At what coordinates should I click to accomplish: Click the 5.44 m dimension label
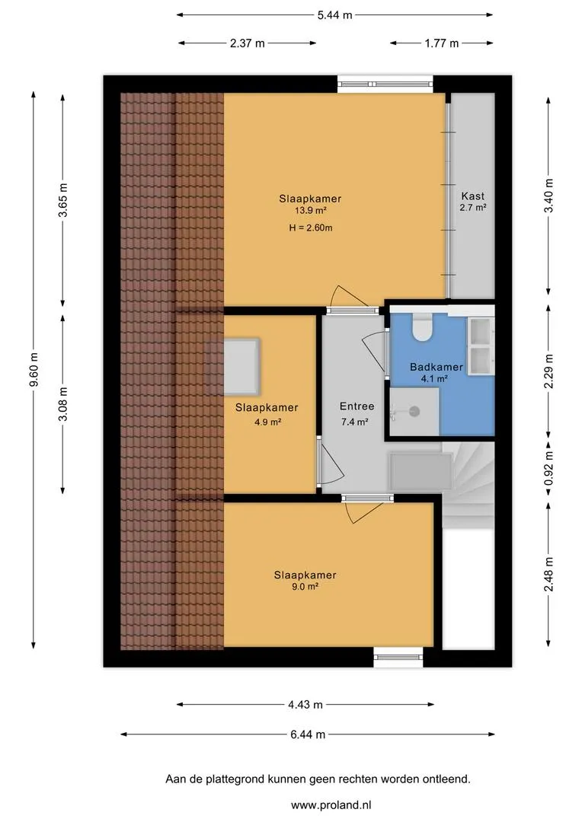334,15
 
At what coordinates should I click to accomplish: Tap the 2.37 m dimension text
247,43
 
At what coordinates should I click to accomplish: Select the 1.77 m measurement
441,43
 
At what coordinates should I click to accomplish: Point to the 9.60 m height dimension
34,370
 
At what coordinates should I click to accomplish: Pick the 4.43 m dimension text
305,705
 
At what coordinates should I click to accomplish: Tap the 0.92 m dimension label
548,468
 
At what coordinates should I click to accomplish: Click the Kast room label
473,196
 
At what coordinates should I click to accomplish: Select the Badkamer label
436,367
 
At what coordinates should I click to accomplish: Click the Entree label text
357,406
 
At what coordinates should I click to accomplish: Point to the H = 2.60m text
311,228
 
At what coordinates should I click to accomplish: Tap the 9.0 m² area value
305,587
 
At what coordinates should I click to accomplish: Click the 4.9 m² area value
267,421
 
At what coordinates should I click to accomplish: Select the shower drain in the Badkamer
414,412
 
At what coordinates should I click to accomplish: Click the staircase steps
468,484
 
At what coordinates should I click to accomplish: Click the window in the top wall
385,84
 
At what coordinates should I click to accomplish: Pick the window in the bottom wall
398,658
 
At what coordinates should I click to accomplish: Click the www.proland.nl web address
331,804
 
